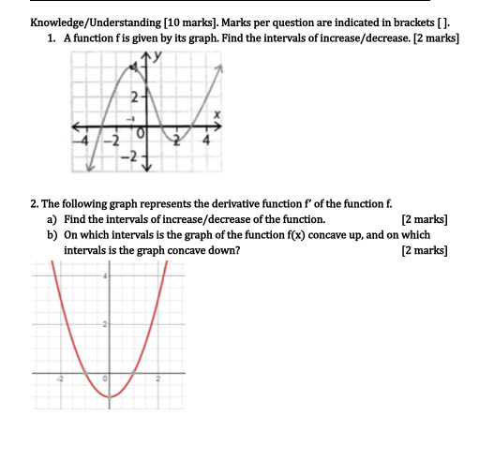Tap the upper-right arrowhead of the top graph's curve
pyautogui.click(x=220, y=68)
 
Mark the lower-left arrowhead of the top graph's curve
pyautogui.click(x=89, y=168)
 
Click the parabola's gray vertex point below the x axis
pyautogui.click(x=110, y=397)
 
